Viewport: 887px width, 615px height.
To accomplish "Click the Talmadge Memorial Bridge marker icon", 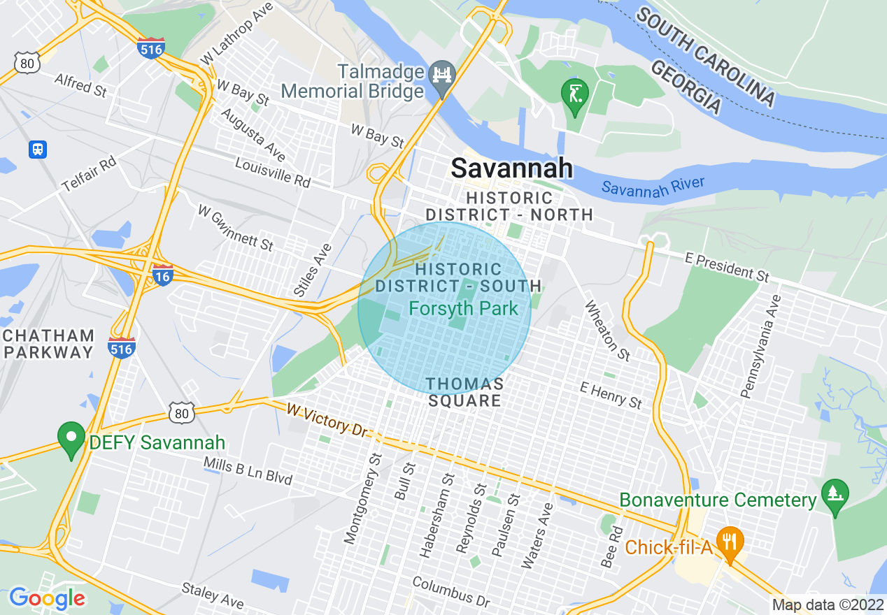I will click(442, 73).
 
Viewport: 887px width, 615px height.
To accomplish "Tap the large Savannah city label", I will click(511, 168).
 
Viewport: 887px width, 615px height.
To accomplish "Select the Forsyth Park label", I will click(463, 308).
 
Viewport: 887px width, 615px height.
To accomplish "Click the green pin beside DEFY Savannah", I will click(71, 438).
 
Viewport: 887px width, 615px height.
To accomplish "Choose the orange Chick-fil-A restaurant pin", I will click(730, 542).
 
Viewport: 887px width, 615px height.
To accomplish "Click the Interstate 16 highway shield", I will click(162, 275).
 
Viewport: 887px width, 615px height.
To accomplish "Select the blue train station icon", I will click(38, 149).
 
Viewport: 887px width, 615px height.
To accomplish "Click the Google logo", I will click(47, 598).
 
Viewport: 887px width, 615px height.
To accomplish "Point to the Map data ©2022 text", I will click(827, 605).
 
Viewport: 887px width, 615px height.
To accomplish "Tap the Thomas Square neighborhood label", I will click(464, 393).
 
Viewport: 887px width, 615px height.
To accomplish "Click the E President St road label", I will click(728, 267).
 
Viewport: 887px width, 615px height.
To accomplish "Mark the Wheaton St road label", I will click(608, 331).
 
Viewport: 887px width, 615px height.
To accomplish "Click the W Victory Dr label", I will click(326, 419).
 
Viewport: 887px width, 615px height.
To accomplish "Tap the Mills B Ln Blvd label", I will click(248, 470).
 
